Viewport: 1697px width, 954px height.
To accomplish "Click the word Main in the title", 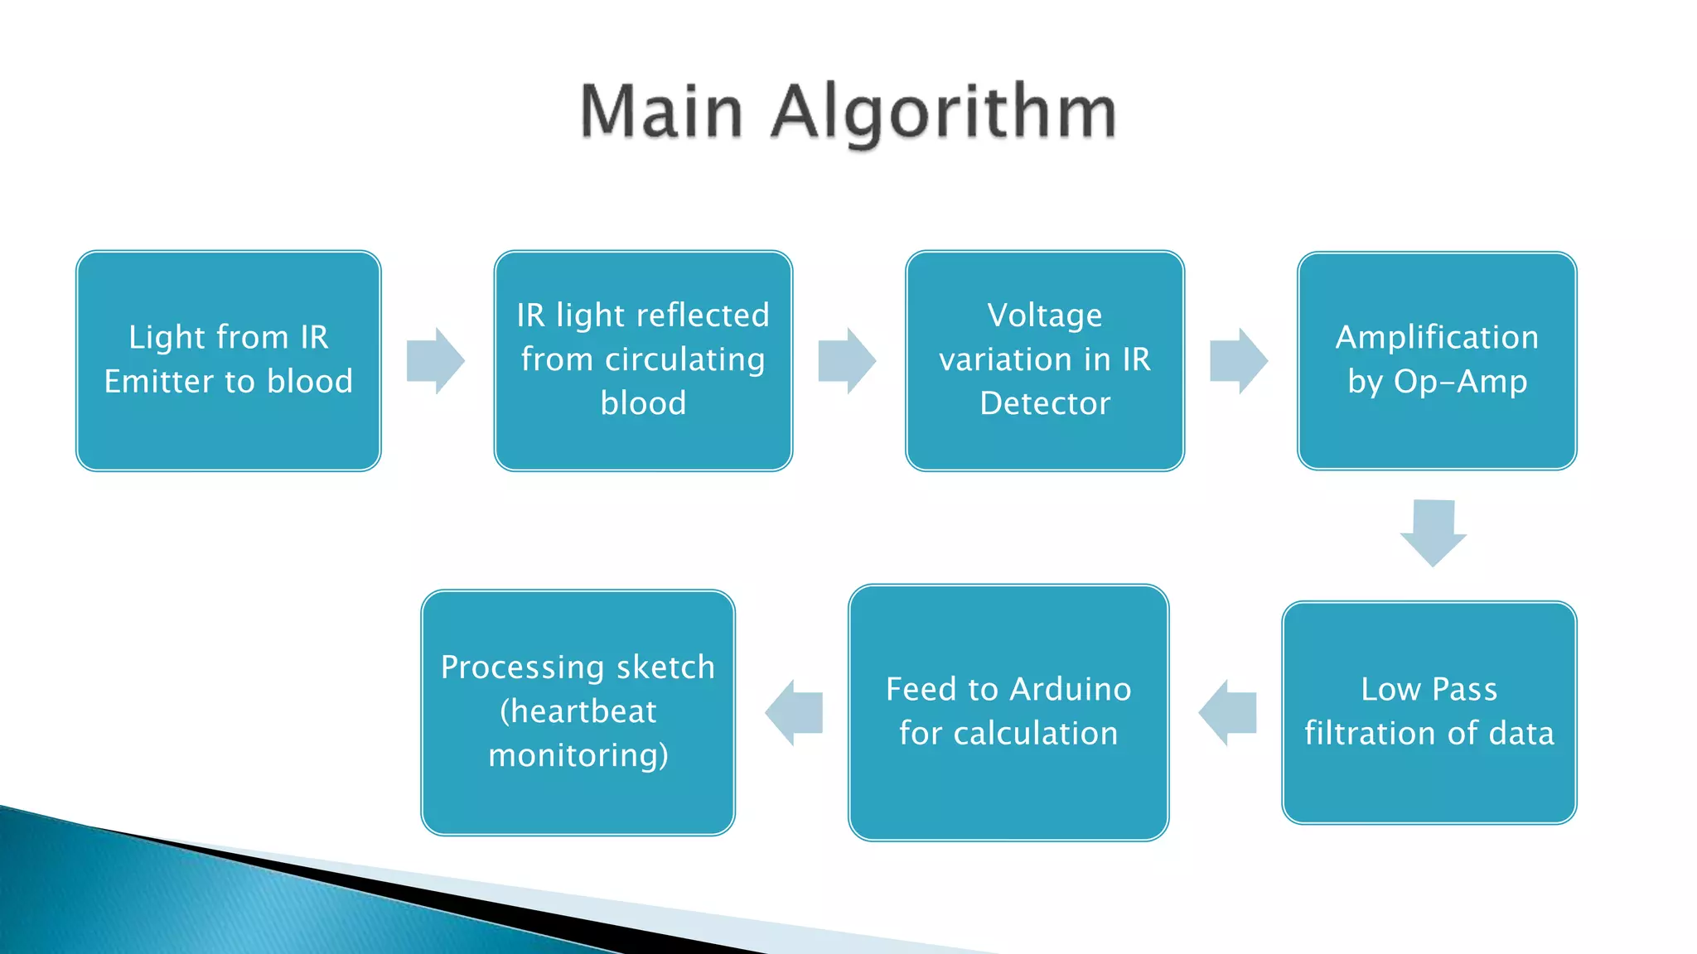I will coord(661,113).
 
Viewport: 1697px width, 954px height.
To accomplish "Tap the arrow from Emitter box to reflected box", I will coord(435,360).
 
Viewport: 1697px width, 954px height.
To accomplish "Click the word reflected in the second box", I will coord(703,315).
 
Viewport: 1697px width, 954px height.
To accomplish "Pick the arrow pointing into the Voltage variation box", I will coord(846,360).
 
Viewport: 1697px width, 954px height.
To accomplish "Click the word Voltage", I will coord(1044,315).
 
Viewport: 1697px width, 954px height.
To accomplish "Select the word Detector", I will coord(1044,403).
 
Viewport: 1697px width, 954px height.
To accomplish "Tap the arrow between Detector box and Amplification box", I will coord(1238,360).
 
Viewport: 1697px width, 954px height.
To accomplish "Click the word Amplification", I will coord(1437,337).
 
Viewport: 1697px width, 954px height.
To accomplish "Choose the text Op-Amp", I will coord(1460,381).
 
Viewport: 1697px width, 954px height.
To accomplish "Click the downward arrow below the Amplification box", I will coord(1434,532).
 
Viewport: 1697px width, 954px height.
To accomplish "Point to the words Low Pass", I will coord(1429,689).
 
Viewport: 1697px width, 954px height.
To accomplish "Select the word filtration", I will coord(1371,733).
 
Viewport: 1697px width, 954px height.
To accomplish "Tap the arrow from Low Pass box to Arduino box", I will coord(1228,712).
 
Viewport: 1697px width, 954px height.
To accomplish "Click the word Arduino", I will coord(1070,689).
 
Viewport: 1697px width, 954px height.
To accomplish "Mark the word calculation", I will coord(1035,733).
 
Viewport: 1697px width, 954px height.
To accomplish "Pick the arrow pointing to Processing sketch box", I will coord(794,712).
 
